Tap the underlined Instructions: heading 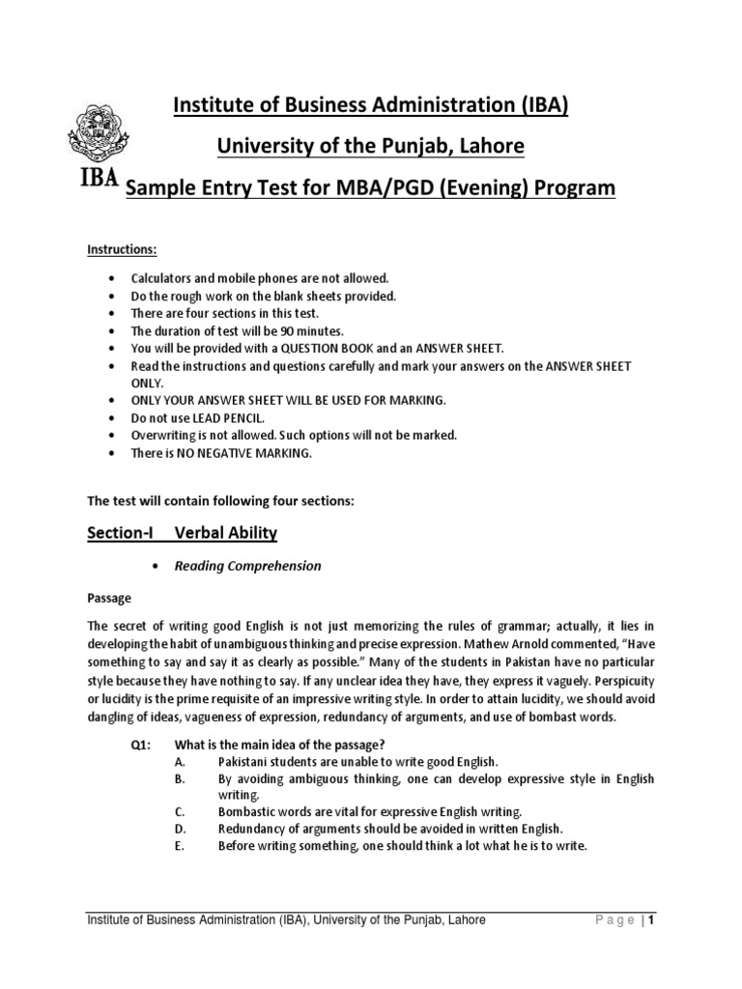tap(123, 250)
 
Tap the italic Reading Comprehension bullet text tap(246, 566)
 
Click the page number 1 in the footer tap(652, 920)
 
